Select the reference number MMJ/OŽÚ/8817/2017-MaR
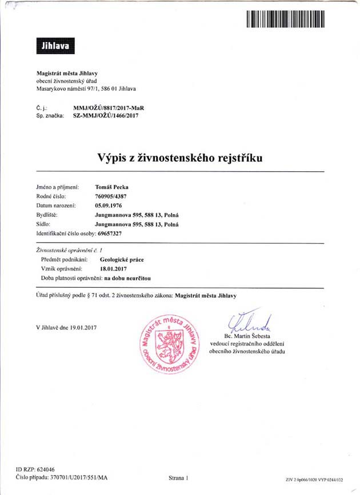point(109,107)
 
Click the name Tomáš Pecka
point(112,186)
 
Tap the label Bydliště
point(47,215)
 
